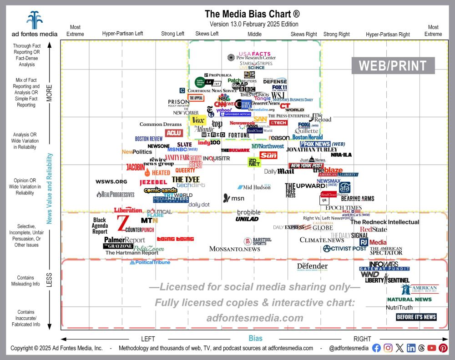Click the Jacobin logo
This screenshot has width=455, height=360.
[x=135, y=167]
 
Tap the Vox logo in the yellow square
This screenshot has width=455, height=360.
[x=198, y=120]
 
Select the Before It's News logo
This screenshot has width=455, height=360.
[x=416, y=317]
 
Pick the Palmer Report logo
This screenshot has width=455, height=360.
[x=124, y=240]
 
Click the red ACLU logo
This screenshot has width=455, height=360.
[x=173, y=133]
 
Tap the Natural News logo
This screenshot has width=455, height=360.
[x=409, y=299]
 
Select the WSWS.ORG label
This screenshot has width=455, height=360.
[x=111, y=182]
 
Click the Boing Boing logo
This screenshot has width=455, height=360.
[x=175, y=239]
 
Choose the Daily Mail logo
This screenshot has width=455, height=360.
[x=279, y=171]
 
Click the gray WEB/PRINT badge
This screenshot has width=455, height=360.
[x=393, y=65]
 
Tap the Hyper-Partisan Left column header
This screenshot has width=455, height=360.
[x=122, y=34]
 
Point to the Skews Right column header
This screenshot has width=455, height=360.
[x=303, y=34]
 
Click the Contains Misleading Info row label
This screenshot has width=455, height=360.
[x=28, y=280]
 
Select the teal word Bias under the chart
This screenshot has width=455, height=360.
[x=255, y=339]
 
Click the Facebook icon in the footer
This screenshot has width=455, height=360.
[x=376, y=348]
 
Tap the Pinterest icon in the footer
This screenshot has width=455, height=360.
[x=443, y=348]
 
